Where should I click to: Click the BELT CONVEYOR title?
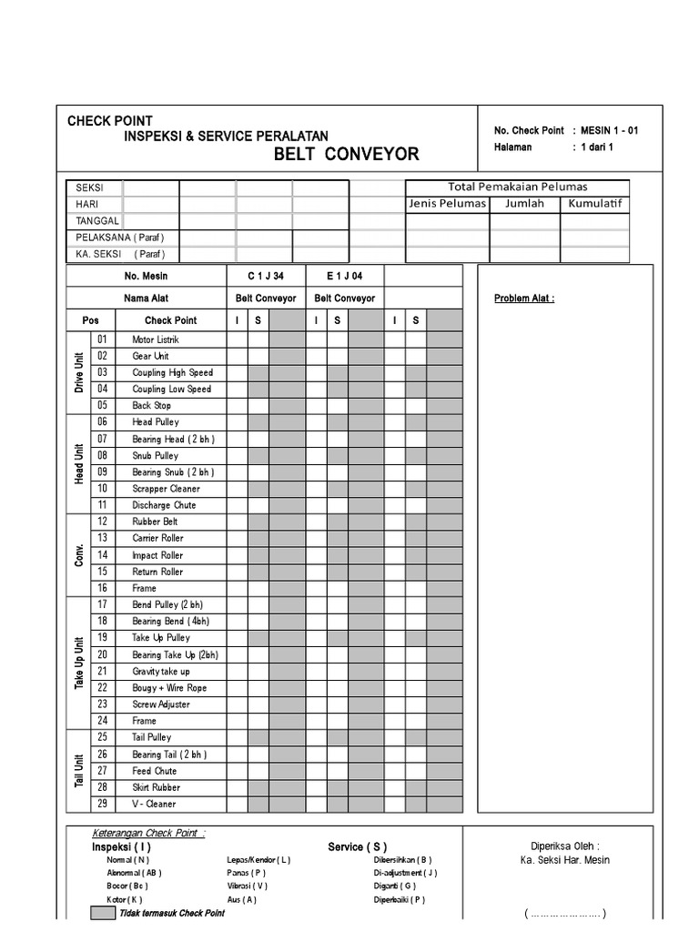tap(347, 154)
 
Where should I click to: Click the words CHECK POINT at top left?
tap(110, 121)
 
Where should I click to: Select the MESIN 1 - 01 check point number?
tap(610, 130)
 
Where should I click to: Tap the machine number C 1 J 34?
tap(266, 276)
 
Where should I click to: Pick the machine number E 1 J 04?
tap(344, 276)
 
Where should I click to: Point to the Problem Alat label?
tap(524, 298)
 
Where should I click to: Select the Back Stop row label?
tap(151, 406)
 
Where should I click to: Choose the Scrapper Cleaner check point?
tap(166, 489)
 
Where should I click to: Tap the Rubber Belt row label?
tap(155, 522)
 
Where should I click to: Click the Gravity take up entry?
tap(160, 671)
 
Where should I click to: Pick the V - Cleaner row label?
tap(154, 804)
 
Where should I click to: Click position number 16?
tap(102, 588)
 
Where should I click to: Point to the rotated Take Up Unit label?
tap(78, 663)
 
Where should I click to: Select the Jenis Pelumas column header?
tap(448, 203)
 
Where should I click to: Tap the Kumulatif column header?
tap(594, 203)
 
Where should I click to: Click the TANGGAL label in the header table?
tap(97, 220)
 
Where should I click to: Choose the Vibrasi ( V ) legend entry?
tap(248, 886)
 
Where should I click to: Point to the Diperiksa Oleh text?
tap(565, 845)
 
